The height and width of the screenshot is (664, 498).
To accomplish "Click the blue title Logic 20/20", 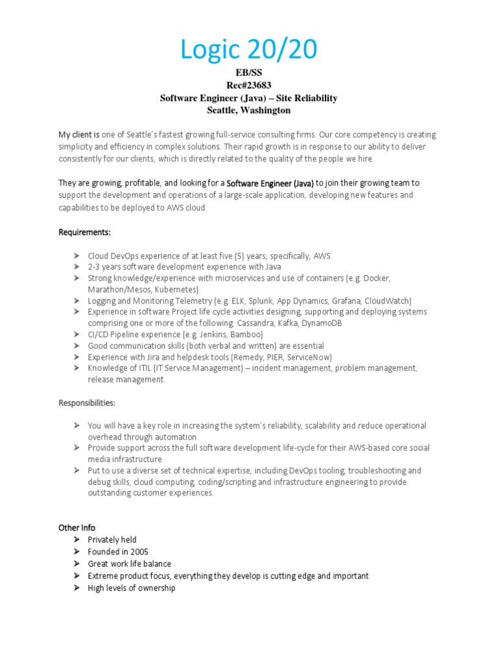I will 248,50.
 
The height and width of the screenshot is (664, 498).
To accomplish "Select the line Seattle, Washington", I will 248,110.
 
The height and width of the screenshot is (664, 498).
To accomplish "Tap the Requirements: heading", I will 85,231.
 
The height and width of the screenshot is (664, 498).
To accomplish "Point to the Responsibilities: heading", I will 87,403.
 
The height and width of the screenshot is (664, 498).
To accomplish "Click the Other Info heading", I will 77,527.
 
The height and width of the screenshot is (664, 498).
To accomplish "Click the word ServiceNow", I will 309,357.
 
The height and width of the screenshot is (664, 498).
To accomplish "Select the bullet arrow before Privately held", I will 76,539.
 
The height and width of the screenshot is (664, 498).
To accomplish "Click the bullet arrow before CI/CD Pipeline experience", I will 76,335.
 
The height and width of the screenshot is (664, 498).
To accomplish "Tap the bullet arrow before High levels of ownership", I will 76,588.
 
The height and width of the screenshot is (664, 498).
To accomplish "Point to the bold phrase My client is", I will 79,135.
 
